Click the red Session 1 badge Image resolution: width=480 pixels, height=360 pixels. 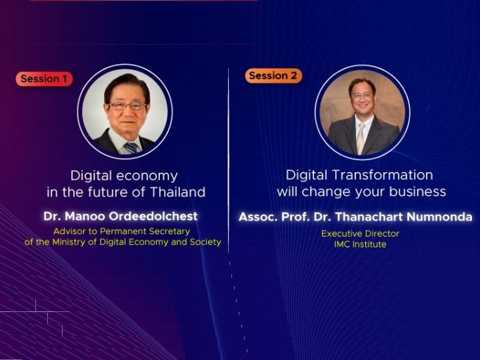[x=44, y=79]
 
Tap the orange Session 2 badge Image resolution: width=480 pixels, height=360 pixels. [x=273, y=75]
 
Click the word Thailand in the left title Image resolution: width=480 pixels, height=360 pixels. [x=178, y=192]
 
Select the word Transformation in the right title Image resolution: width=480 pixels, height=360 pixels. [x=383, y=175]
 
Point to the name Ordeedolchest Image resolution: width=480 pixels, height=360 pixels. [x=153, y=216]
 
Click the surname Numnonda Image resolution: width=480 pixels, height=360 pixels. [x=439, y=217]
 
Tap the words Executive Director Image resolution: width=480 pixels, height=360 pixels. [x=360, y=233]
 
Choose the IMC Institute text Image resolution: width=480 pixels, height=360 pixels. [x=360, y=244]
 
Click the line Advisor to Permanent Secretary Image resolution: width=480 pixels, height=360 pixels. [x=122, y=231]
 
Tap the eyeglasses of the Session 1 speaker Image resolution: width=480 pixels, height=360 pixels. [x=127, y=106]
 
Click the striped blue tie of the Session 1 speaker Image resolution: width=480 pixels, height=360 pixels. [x=131, y=147]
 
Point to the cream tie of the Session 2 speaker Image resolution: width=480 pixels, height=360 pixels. [x=361, y=138]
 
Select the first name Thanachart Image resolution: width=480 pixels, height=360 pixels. [x=369, y=217]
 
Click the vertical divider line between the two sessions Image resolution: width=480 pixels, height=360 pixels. [x=229, y=160]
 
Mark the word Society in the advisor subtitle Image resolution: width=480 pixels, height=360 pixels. [x=205, y=242]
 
